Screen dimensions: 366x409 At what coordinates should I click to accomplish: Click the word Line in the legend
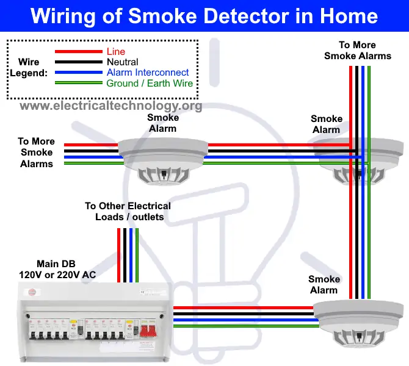115,52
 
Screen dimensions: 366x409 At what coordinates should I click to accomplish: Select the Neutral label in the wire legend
122,62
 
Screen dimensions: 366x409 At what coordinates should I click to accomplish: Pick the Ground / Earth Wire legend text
149,84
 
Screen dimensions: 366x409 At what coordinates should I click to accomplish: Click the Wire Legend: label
28,68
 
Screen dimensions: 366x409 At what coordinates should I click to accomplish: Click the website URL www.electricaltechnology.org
110,106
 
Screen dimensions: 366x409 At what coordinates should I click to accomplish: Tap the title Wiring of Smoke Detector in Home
204,15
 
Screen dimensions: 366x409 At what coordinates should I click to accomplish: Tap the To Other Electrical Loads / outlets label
128,212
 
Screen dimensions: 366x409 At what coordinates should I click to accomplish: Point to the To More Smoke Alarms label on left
37,152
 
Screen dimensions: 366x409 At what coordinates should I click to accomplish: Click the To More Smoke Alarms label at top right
357,51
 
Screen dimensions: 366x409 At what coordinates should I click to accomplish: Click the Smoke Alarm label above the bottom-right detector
324,284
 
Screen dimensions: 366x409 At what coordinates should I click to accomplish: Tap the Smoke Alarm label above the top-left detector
163,123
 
